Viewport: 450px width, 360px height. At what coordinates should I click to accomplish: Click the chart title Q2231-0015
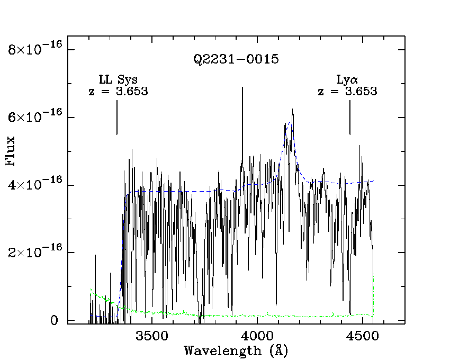pyautogui.click(x=236, y=59)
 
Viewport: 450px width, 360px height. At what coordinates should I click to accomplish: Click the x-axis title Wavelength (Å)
pyautogui.click(x=236, y=350)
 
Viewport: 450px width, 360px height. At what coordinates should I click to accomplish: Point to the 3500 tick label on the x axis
pyautogui.click(x=152, y=336)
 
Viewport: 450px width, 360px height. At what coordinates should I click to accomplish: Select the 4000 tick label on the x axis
pyautogui.click(x=257, y=336)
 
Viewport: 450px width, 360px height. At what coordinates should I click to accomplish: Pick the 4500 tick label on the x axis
pyautogui.click(x=363, y=336)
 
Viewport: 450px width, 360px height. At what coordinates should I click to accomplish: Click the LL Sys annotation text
pyautogui.click(x=118, y=80)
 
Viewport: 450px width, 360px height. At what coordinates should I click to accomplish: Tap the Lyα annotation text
pyautogui.click(x=347, y=80)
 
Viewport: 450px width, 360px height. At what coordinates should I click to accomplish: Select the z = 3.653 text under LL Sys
pyautogui.click(x=118, y=91)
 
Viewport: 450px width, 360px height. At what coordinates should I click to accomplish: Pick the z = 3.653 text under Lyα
pyautogui.click(x=347, y=91)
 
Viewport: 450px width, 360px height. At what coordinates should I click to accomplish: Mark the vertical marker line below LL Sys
pyautogui.click(x=117, y=118)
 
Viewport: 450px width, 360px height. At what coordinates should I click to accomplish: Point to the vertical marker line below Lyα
pyautogui.click(x=350, y=118)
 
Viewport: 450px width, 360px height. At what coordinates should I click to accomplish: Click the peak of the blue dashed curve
pyautogui.click(x=289, y=124)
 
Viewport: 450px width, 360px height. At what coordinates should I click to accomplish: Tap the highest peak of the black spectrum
pyautogui.click(x=292, y=110)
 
